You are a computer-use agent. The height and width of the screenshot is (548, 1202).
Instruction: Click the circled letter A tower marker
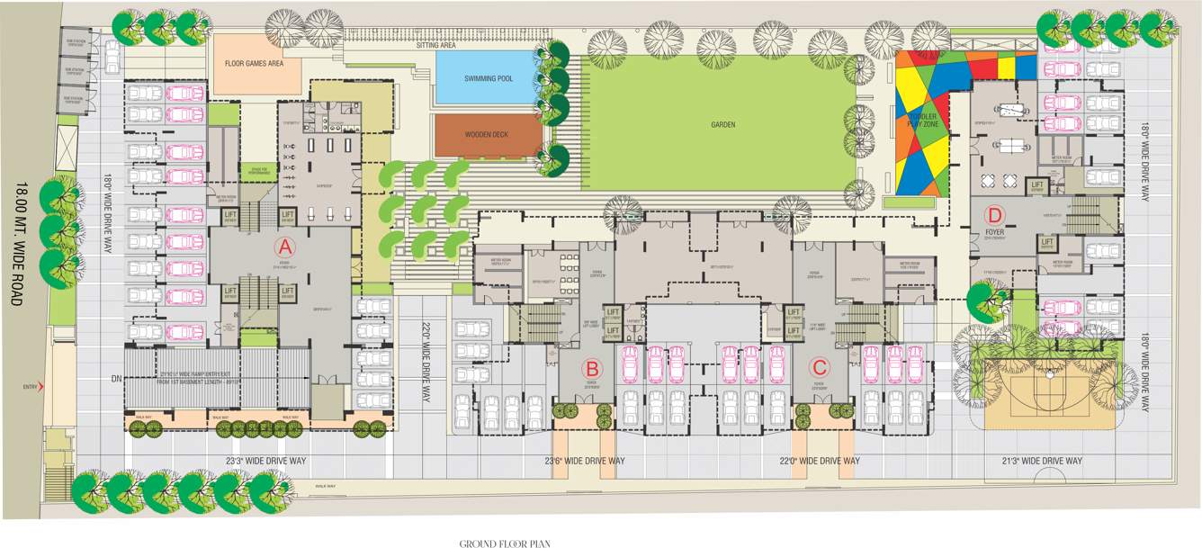284,247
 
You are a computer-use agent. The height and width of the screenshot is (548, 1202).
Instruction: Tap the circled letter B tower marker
592,367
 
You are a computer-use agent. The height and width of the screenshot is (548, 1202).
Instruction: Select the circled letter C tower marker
819,367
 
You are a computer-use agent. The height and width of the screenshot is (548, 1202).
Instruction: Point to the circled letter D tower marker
994,215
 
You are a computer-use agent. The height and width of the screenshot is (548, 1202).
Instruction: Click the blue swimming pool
489,78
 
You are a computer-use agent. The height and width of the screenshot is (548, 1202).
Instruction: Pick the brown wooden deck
488,135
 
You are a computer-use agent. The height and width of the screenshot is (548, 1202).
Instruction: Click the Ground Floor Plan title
505,543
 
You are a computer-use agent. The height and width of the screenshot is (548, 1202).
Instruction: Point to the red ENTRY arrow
41,387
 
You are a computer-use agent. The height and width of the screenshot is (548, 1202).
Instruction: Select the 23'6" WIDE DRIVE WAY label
585,461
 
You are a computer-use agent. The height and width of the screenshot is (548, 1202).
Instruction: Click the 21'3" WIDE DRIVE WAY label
1041,461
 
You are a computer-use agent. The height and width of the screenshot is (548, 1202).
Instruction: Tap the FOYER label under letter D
994,229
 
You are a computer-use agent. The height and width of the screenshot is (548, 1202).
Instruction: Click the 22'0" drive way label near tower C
819,461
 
